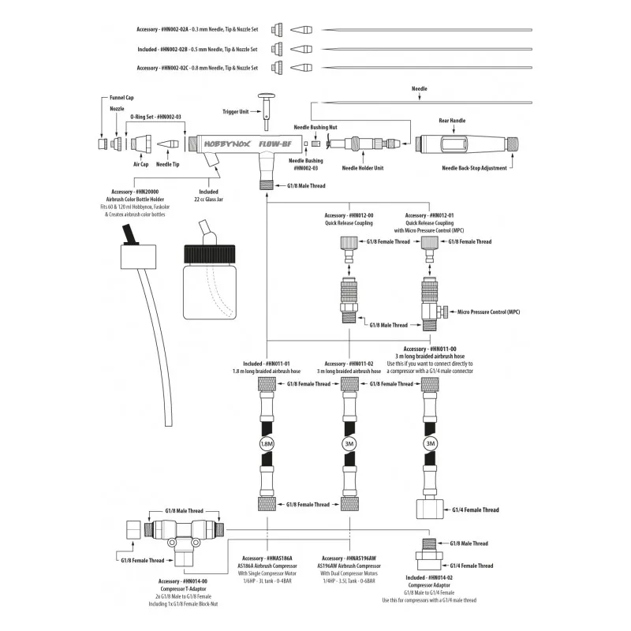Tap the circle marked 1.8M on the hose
point(266,443)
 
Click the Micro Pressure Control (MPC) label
point(489,312)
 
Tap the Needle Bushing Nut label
point(315,126)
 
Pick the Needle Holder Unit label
point(363,167)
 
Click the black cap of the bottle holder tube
point(128,233)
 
